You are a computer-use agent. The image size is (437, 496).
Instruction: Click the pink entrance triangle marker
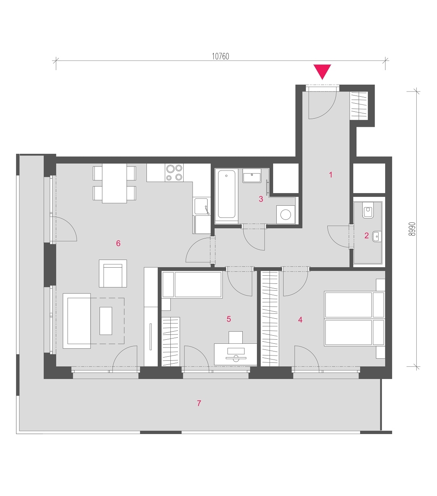pos(322,70)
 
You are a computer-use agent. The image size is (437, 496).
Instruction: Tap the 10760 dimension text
pos(220,56)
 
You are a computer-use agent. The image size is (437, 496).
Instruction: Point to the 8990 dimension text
pos(412,229)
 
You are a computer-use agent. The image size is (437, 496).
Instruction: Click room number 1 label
pos(331,175)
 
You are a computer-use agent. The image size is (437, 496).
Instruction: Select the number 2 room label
pos(366,235)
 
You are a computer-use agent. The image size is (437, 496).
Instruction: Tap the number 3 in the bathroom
pos(261,199)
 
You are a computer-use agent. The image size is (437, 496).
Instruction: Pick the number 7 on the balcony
pos(199,403)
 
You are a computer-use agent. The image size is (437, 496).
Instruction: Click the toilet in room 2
pos(368,210)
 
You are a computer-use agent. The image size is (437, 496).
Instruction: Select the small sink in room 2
pos(376,236)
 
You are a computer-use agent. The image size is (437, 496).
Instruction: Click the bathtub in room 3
pos(226,194)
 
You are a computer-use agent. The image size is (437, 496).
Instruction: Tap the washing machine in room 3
pos(286,215)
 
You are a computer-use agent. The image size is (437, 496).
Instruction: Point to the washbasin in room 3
pos(252,176)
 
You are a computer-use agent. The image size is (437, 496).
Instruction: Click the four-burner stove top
pos(174,172)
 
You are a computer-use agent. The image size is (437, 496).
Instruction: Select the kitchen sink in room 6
pos(201,206)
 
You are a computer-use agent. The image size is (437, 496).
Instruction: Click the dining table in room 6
pos(114,183)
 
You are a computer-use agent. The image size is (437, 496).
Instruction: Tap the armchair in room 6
pos(113,273)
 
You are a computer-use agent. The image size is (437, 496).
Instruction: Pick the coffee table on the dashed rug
pos(106,321)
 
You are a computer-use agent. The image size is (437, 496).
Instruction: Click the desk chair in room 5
pos(235,337)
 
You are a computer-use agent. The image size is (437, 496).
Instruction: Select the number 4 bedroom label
pos(300,319)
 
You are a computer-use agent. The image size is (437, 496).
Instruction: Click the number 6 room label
pos(118,243)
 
